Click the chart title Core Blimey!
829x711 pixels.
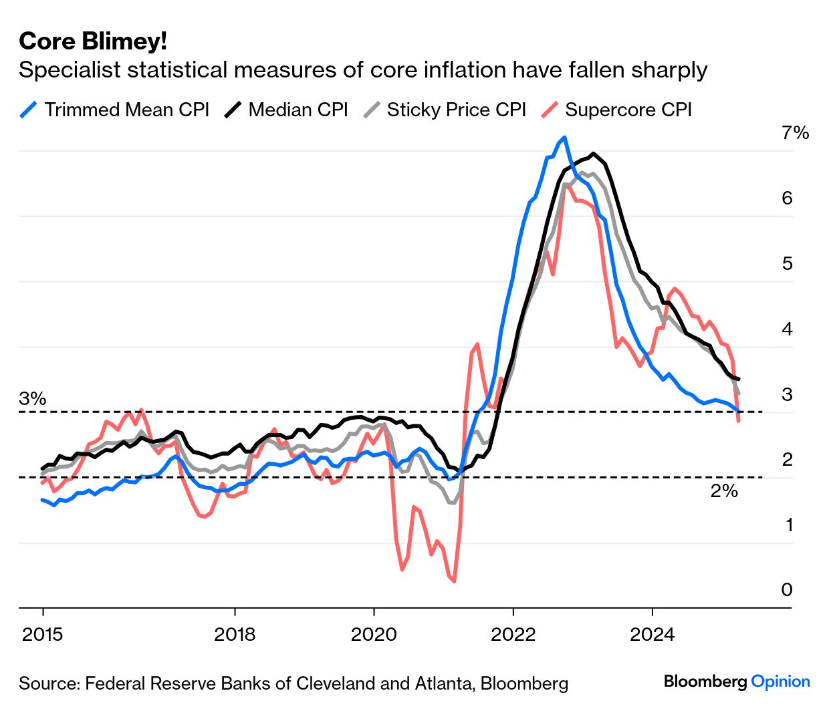(93, 41)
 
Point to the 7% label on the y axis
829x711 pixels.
(795, 133)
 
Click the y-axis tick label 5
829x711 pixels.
(787, 263)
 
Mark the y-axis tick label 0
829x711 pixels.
(787, 589)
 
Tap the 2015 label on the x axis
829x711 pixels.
(43, 633)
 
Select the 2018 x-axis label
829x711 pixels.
(235, 633)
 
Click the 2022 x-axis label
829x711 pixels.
(513, 633)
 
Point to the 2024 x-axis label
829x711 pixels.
(652, 633)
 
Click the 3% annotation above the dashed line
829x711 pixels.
(33, 399)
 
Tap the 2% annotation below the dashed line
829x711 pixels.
(724, 491)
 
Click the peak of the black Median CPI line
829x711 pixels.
(594, 154)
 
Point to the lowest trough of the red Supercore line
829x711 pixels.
(455, 581)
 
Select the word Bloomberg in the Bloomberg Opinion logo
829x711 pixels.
(705, 682)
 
